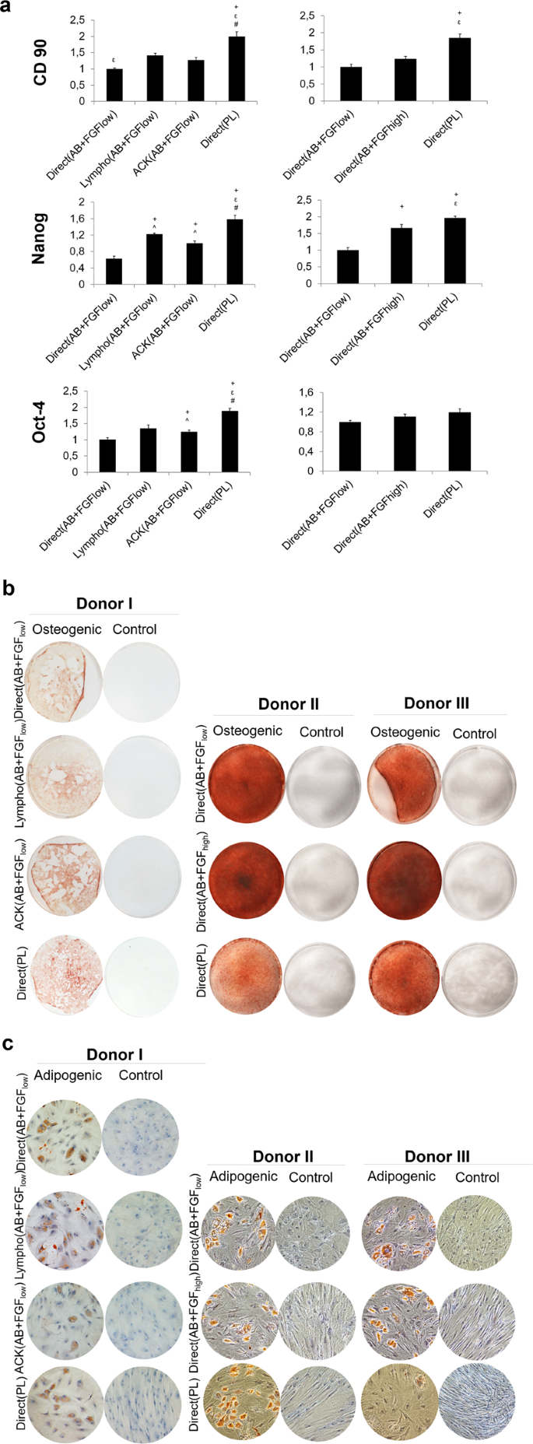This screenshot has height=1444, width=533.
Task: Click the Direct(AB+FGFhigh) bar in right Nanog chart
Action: [x=402, y=255]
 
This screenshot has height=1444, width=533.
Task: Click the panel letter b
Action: [x=9, y=588]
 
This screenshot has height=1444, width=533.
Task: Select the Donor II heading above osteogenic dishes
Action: [x=288, y=704]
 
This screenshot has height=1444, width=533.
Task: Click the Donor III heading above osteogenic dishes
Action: [x=437, y=703]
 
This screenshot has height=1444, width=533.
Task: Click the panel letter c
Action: [x=9, y=1043]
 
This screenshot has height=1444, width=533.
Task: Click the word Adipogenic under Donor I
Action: [x=68, y=1074]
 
